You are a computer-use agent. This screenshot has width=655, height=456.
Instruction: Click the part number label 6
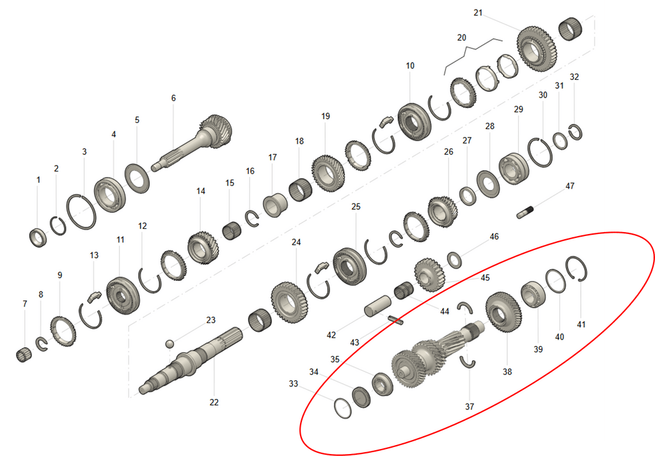pos(173,98)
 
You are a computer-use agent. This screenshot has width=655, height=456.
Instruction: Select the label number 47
pos(569,187)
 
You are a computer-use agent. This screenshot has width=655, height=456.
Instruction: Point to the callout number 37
pos(470,406)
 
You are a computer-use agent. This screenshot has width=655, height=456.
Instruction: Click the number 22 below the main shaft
pos(214,402)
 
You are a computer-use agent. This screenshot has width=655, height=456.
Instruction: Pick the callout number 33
pos(294,384)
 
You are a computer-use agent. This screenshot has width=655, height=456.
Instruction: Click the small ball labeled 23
pos(170,344)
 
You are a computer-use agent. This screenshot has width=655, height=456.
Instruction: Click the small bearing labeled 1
pos(38,237)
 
